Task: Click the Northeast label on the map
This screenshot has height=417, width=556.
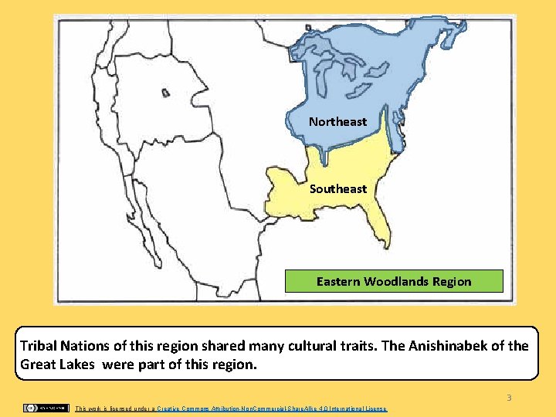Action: [x=337, y=122]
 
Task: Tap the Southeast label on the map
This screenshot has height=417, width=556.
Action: [x=338, y=189]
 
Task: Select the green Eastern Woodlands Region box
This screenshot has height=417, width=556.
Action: [x=394, y=281]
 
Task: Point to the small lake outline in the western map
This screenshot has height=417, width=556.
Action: [x=165, y=93]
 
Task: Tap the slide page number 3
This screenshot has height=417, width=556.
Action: [x=509, y=398]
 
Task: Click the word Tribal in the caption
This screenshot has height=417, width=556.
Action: [x=39, y=346]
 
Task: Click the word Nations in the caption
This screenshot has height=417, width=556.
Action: [x=87, y=346]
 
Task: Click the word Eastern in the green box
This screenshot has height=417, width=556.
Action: [x=338, y=281]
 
